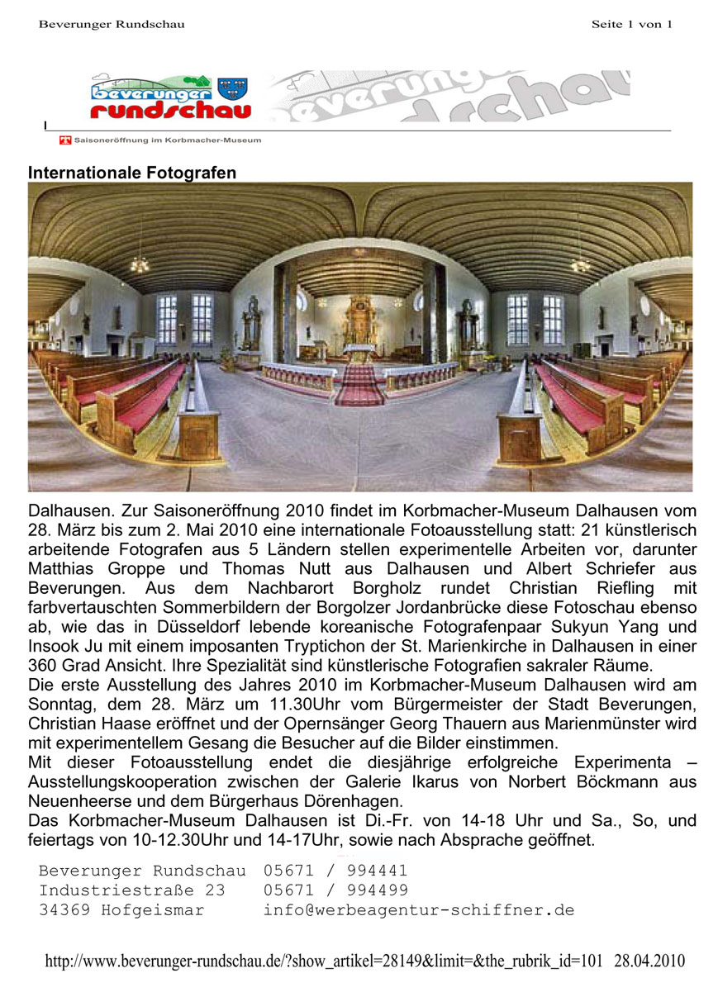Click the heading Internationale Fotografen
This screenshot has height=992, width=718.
(x=132, y=173)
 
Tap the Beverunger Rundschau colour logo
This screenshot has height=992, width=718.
(x=170, y=97)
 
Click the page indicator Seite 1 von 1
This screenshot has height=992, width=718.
(x=631, y=24)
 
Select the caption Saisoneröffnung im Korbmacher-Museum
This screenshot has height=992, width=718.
(x=168, y=140)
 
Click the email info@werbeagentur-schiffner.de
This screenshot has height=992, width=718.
(x=418, y=910)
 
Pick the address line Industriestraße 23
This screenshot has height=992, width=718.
(x=131, y=890)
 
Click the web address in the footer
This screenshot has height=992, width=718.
(x=326, y=961)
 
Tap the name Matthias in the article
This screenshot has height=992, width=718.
(x=63, y=569)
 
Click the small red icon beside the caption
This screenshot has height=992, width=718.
(x=65, y=140)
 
